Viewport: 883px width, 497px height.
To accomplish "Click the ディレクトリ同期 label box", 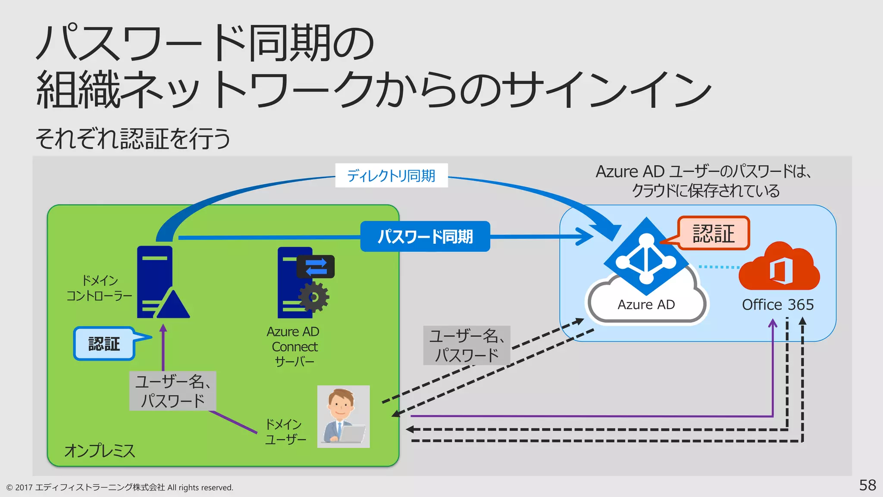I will point(391,176).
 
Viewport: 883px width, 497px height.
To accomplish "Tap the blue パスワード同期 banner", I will point(425,236).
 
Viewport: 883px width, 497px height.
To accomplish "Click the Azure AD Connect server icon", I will point(295,283).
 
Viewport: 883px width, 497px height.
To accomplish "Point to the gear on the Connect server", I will point(314,297).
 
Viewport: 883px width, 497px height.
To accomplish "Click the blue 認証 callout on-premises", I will point(104,344).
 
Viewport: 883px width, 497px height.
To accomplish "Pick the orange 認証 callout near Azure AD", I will point(714,233).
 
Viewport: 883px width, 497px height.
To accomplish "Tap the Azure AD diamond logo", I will point(646,258).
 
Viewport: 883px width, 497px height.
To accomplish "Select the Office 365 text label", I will point(778,305).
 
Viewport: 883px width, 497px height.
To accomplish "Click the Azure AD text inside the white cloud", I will point(646,305).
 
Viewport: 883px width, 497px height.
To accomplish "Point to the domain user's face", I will point(341,404).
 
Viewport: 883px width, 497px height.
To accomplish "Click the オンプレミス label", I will point(100,451).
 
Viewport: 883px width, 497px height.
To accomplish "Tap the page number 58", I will point(867,485).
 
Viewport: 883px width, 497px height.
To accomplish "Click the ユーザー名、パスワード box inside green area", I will point(172,391).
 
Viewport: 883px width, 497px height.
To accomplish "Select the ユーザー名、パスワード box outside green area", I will point(467,346).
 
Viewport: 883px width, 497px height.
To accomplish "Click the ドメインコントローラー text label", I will point(100,288).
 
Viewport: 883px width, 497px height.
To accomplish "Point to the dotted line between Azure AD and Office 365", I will point(719,267).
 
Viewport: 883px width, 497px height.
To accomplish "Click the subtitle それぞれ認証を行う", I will point(133,138).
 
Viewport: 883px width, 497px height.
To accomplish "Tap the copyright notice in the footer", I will point(120,488).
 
